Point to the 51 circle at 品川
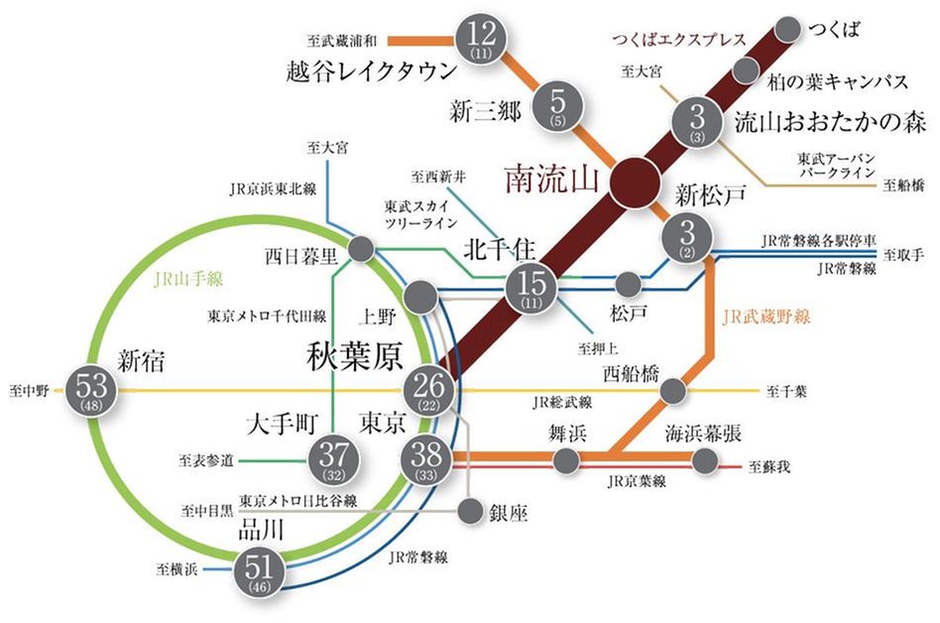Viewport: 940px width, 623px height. click(x=260, y=572)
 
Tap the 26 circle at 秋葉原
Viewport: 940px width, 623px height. click(x=429, y=390)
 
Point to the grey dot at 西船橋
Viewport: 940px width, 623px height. click(x=674, y=390)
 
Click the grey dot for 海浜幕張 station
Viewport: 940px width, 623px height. click(x=705, y=460)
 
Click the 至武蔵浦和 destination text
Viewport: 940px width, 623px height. click(x=342, y=42)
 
